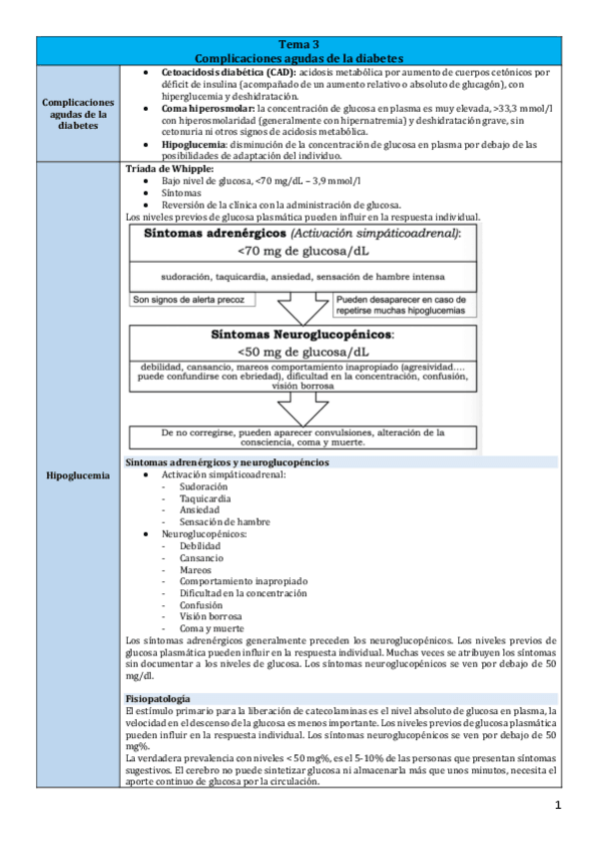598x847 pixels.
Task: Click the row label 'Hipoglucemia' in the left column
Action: pyautogui.click(x=78, y=475)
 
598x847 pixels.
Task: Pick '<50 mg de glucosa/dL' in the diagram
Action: pyautogui.click(x=303, y=353)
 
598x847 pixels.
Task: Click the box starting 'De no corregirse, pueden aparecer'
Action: pyautogui.click(x=303, y=436)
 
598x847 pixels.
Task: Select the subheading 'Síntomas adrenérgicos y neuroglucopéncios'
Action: pyautogui.click(x=228, y=463)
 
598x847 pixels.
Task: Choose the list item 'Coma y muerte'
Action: pyautogui.click(x=211, y=628)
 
